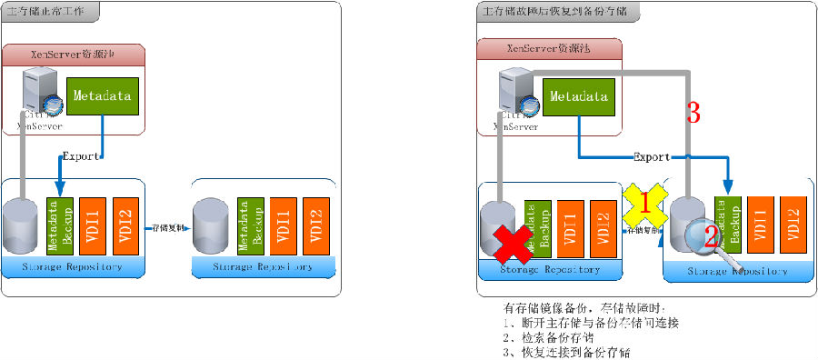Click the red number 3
(x=693, y=114)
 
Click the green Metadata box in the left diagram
(x=102, y=95)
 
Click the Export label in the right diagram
(x=652, y=157)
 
